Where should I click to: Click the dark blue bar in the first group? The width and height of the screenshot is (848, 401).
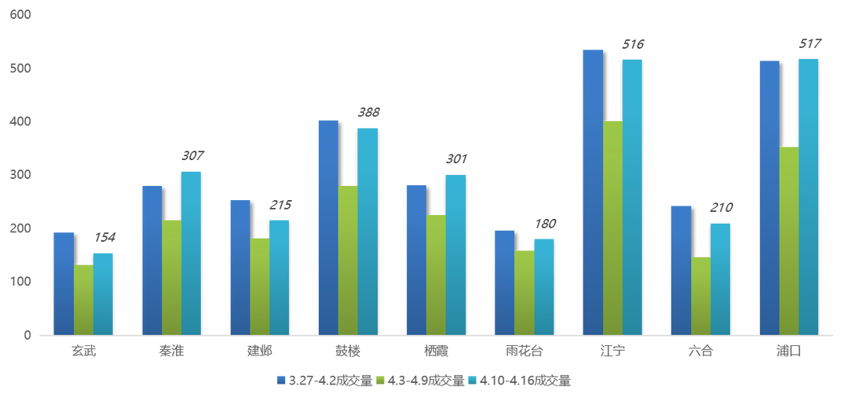point(63,283)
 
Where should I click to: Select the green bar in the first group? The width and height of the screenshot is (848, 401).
point(83,299)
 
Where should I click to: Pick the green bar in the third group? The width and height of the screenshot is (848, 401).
point(259,286)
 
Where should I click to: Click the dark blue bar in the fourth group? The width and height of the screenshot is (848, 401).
point(327,228)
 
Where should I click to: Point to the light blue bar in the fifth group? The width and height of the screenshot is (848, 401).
point(455,254)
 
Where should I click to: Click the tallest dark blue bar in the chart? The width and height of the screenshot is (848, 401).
point(592,192)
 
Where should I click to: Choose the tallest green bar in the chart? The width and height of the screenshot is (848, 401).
point(612,228)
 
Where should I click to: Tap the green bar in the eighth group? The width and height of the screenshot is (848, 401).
point(700,295)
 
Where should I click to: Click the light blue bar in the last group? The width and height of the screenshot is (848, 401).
point(808,196)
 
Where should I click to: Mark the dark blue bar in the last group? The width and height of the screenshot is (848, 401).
point(769,197)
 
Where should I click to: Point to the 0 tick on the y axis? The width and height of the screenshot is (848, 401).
point(27,335)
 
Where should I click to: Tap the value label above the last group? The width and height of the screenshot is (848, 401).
point(808,45)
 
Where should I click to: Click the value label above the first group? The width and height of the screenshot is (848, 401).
point(105,237)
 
